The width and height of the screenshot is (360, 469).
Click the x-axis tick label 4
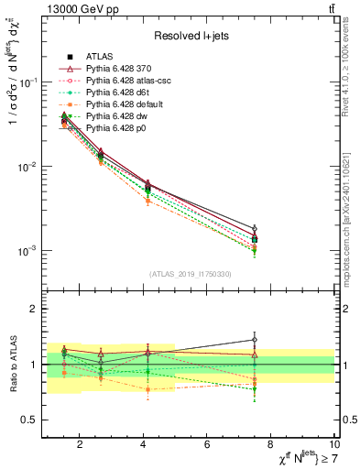coord(143,445)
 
